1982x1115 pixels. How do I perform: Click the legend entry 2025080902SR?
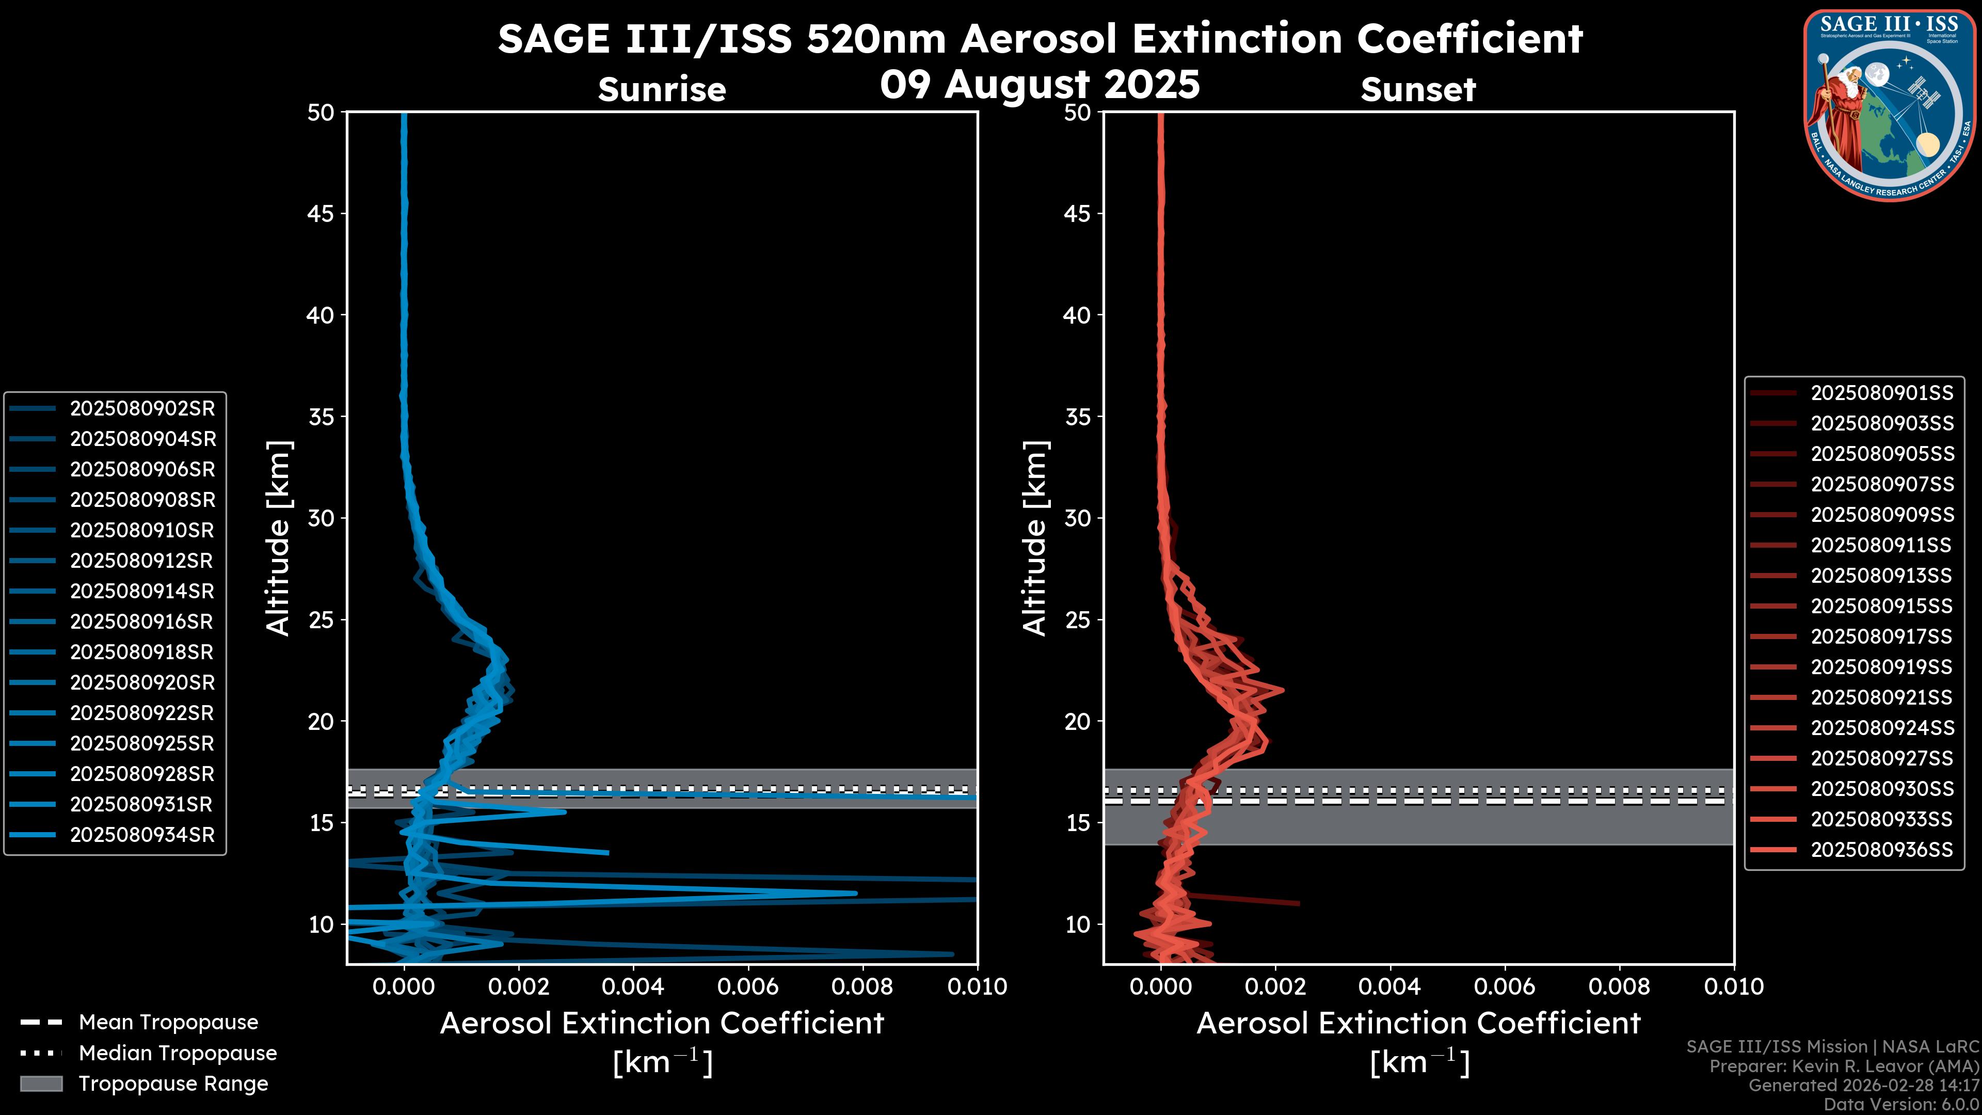click(x=142, y=409)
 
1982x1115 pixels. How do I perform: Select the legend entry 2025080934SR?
click(x=142, y=835)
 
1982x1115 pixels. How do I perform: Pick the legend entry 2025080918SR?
click(x=142, y=652)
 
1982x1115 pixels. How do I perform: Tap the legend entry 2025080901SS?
click(x=1881, y=393)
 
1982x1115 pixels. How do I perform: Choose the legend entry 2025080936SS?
click(x=1881, y=850)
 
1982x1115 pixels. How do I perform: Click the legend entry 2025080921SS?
click(x=1881, y=697)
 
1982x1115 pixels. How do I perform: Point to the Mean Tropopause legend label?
click(x=168, y=1022)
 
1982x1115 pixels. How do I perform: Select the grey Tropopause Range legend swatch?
click(x=41, y=1084)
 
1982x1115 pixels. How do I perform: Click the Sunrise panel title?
click(x=662, y=90)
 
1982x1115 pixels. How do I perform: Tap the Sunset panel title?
click(x=1418, y=90)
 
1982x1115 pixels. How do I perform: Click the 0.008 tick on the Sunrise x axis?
click(x=862, y=986)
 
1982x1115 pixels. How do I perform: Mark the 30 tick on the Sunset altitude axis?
click(x=1077, y=518)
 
